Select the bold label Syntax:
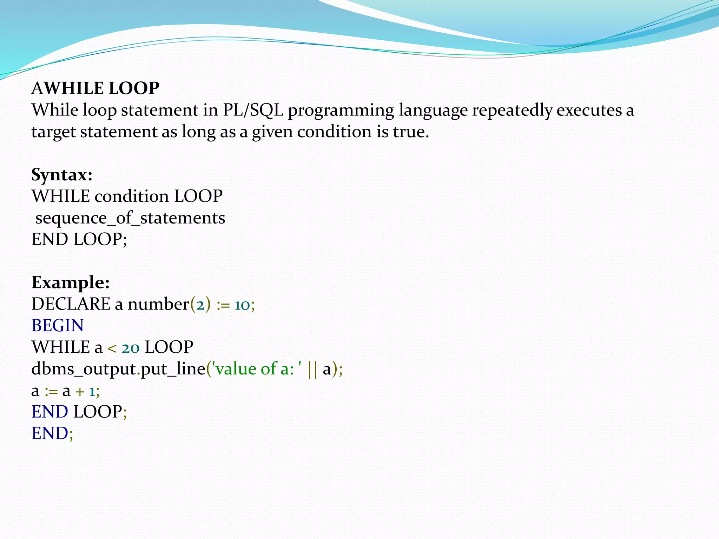point(62,174)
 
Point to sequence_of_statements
point(130,218)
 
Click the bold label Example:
point(71,282)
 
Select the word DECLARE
point(71,304)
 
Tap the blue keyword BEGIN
point(58,325)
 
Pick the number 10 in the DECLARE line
point(242,305)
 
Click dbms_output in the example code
point(84,369)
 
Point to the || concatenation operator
point(312,369)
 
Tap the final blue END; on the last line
point(52,433)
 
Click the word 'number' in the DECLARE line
point(158,304)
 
